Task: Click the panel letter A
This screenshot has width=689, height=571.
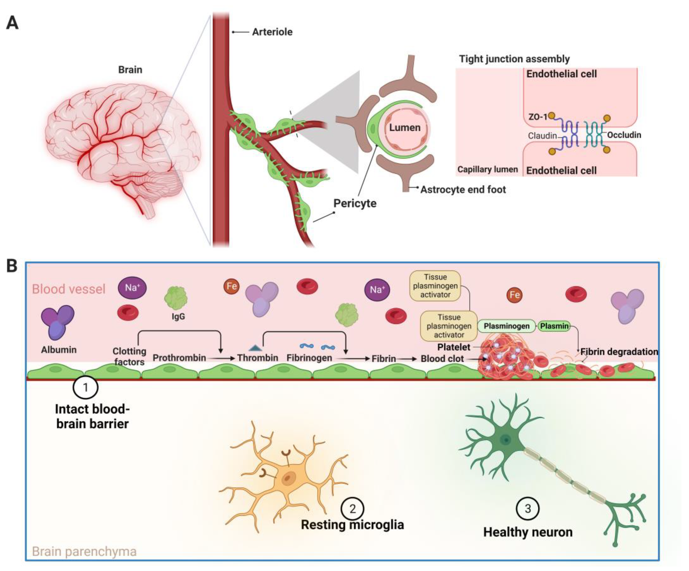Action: click(x=12, y=23)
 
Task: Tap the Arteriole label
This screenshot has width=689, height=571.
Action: click(x=272, y=32)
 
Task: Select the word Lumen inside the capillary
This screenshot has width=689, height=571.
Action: click(x=405, y=128)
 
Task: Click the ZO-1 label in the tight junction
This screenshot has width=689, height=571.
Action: click(x=537, y=117)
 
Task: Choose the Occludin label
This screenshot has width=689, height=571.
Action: click(x=624, y=135)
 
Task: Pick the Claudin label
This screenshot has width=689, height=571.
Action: click(x=542, y=136)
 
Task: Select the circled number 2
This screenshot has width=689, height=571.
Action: click(x=352, y=508)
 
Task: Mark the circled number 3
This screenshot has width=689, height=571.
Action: click(x=528, y=508)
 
